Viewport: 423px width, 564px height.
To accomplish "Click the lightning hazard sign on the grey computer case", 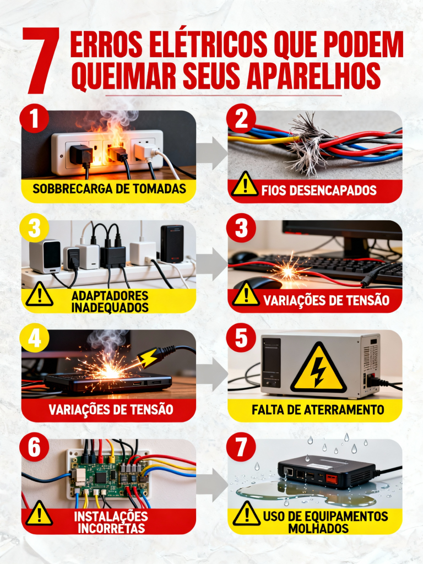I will click(x=318, y=367).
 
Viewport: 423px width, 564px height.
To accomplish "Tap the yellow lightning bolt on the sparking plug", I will click(x=149, y=359).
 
